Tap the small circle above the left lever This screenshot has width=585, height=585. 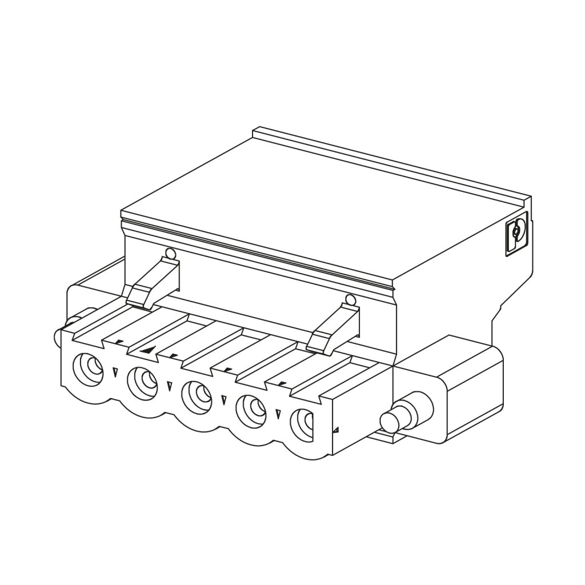pyautogui.click(x=169, y=253)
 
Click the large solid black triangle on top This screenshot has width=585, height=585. pyautogui.click(x=149, y=350)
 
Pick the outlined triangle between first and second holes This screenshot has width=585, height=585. pyautogui.click(x=115, y=372)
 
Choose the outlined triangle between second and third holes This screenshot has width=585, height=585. pyautogui.click(x=169, y=386)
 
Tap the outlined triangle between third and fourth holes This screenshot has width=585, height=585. pyautogui.click(x=223, y=400)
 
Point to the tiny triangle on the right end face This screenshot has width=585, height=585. pyautogui.click(x=336, y=430)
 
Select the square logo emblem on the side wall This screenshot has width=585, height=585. pyautogui.click(x=516, y=233)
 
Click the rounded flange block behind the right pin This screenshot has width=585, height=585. pyautogui.click(x=457, y=388)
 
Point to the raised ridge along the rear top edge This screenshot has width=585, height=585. pyautogui.click(x=388, y=163)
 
